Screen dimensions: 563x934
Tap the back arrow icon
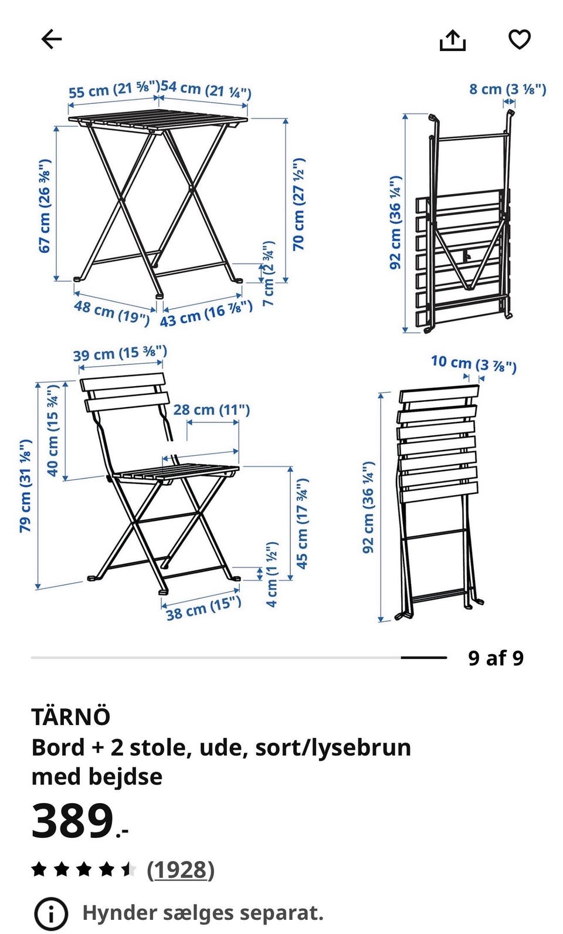51,39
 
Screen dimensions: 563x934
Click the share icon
453,40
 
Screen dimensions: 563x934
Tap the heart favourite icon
520,40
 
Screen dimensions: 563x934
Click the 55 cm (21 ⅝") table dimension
114,90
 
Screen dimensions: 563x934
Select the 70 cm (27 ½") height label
299,204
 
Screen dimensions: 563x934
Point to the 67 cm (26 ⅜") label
45,205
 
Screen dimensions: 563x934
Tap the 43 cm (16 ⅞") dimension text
206,314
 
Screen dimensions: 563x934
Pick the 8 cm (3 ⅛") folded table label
507,89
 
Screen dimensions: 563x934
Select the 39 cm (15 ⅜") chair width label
120,354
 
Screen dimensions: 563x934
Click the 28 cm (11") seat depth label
211,410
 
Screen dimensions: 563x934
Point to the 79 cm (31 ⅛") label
25,485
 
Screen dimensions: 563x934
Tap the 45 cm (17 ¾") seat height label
302,524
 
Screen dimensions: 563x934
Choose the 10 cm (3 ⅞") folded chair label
474,363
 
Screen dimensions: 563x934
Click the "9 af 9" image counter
496,658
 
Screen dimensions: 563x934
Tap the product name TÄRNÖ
71,716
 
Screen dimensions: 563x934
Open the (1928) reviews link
181,869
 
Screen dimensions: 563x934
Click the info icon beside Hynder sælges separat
51,913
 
